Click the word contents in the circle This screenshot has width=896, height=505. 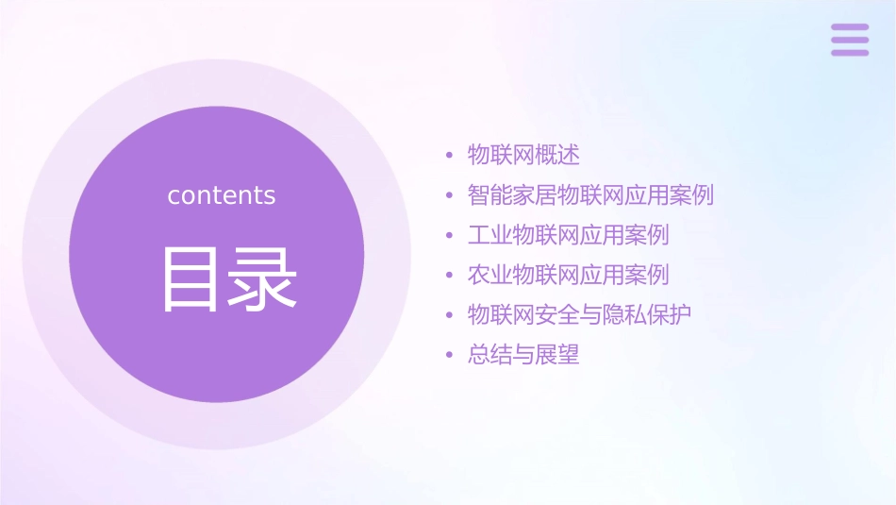click(x=221, y=195)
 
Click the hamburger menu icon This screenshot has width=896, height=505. click(x=849, y=40)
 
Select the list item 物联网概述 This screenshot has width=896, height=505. click(x=523, y=155)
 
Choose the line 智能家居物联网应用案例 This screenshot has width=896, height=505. click(x=590, y=195)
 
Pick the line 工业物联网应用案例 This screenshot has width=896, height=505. click(x=568, y=235)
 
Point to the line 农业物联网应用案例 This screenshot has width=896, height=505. click(x=568, y=276)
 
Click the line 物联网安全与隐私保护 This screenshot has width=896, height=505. click(x=579, y=315)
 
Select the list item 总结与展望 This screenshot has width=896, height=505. click(x=523, y=356)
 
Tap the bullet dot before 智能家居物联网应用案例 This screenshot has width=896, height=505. click(x=449, y=196)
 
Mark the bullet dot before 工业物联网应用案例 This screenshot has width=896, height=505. click(x=449, y=236)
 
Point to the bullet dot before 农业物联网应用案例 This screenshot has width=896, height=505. click(x=449, y=277)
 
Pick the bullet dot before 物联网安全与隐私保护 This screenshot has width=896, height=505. click(x=449, y=316)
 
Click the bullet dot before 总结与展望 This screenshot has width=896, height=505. click(x=449, y=357)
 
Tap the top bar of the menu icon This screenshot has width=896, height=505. click(x=849, y=27)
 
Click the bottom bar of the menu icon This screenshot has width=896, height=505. click(x=849, y=52)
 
